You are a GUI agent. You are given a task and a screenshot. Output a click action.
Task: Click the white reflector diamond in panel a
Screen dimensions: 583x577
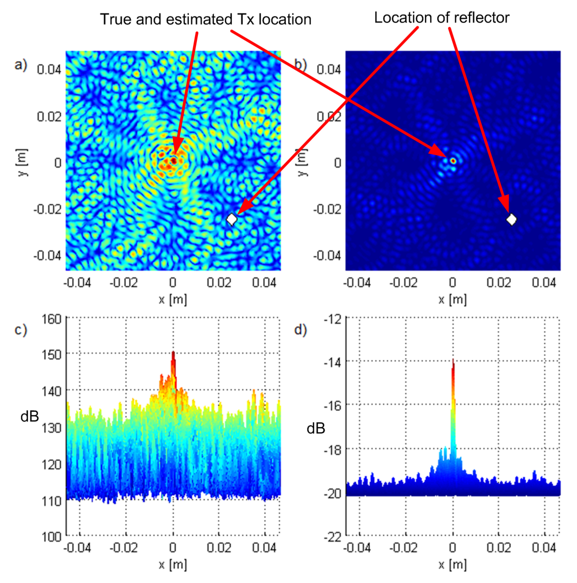point(232,219)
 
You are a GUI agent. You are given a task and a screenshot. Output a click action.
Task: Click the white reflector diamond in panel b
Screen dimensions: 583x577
point(511,219)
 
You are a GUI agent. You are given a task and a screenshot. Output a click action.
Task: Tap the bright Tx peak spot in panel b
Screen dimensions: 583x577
point(453,161)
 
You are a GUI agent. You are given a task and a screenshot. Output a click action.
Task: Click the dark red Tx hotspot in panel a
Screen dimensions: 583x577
point(174,161)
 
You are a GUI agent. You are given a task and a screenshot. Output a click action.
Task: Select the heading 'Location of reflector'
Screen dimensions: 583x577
point(442,18)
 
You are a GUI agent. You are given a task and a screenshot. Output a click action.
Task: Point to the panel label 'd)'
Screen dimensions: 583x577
point(300,330)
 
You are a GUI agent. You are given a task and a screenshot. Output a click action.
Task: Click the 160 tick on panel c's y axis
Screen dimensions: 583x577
point(51,319)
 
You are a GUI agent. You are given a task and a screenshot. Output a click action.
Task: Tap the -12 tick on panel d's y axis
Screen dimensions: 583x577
point(332,319)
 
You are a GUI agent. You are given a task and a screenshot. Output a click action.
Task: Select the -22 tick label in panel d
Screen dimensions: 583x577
point(332,537)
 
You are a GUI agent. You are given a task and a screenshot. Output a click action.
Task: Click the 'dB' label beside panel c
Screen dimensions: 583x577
point(30,417)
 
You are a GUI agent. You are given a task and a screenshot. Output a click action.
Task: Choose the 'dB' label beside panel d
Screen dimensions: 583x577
point(316,428)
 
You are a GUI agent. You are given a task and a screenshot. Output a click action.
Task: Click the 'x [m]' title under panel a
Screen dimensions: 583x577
point(173,300)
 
